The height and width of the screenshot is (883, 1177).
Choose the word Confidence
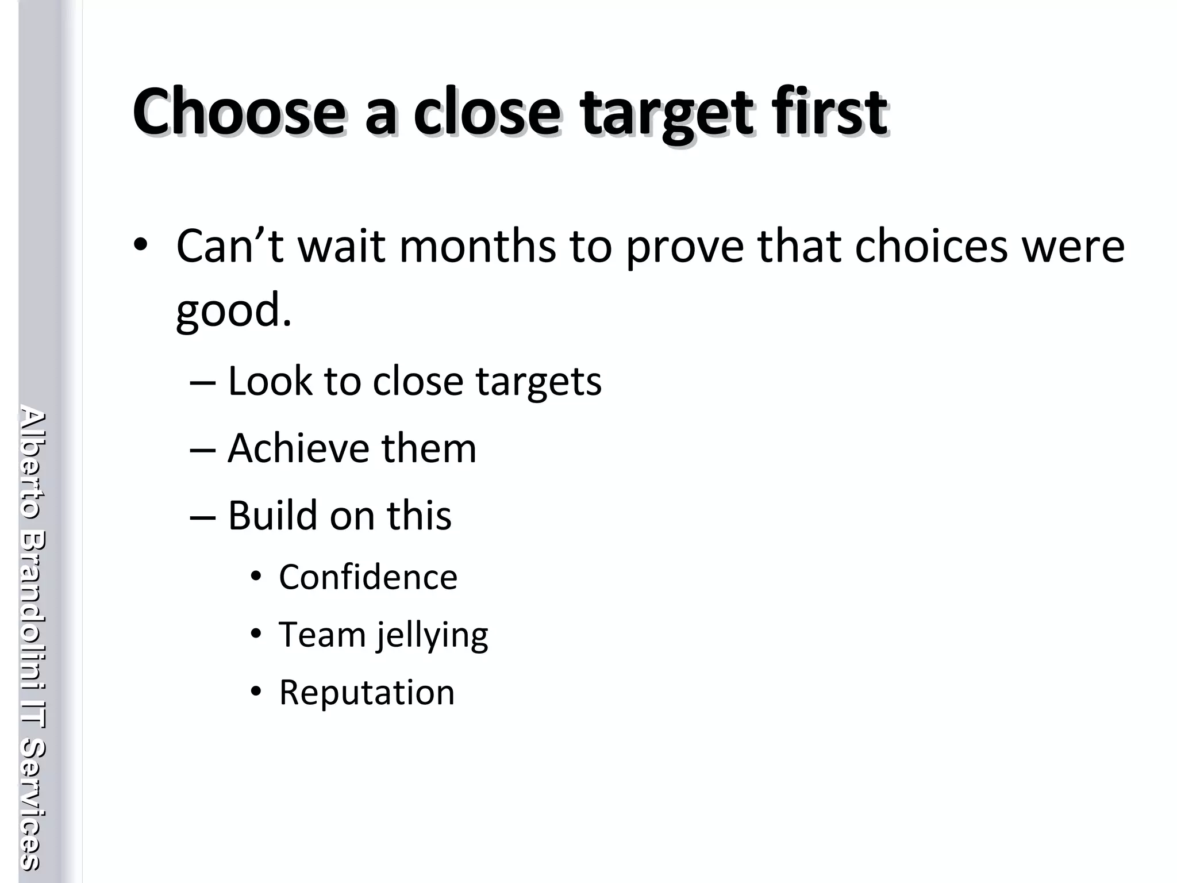(x=368, y=577)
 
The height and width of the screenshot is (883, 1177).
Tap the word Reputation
(x=367, y=692)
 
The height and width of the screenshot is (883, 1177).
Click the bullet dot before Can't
(x=140, y=247)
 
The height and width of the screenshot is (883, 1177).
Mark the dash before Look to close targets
(x=202, y=383)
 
